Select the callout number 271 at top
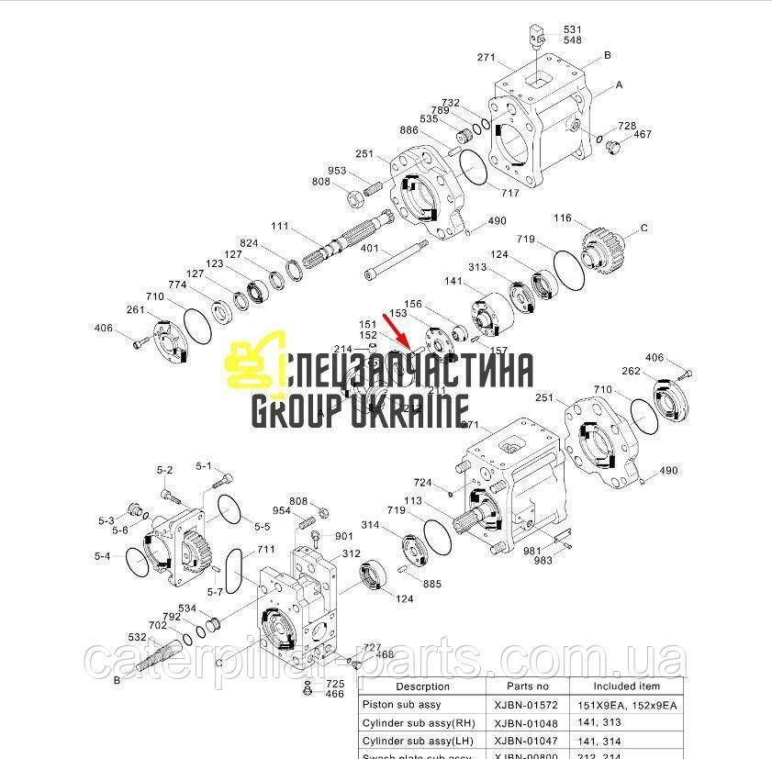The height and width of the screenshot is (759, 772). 486,58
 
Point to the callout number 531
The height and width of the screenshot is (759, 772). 573,29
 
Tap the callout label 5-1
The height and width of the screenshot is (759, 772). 204,465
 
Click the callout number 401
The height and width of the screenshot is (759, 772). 370,248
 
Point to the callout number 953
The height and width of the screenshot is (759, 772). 337,171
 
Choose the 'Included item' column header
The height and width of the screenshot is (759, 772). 626,686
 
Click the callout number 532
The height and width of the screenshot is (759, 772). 137,636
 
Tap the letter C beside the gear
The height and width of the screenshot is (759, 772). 644,228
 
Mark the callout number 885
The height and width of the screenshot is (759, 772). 431,584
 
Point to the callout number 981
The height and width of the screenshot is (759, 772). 532,551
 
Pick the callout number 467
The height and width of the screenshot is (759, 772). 642,135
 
